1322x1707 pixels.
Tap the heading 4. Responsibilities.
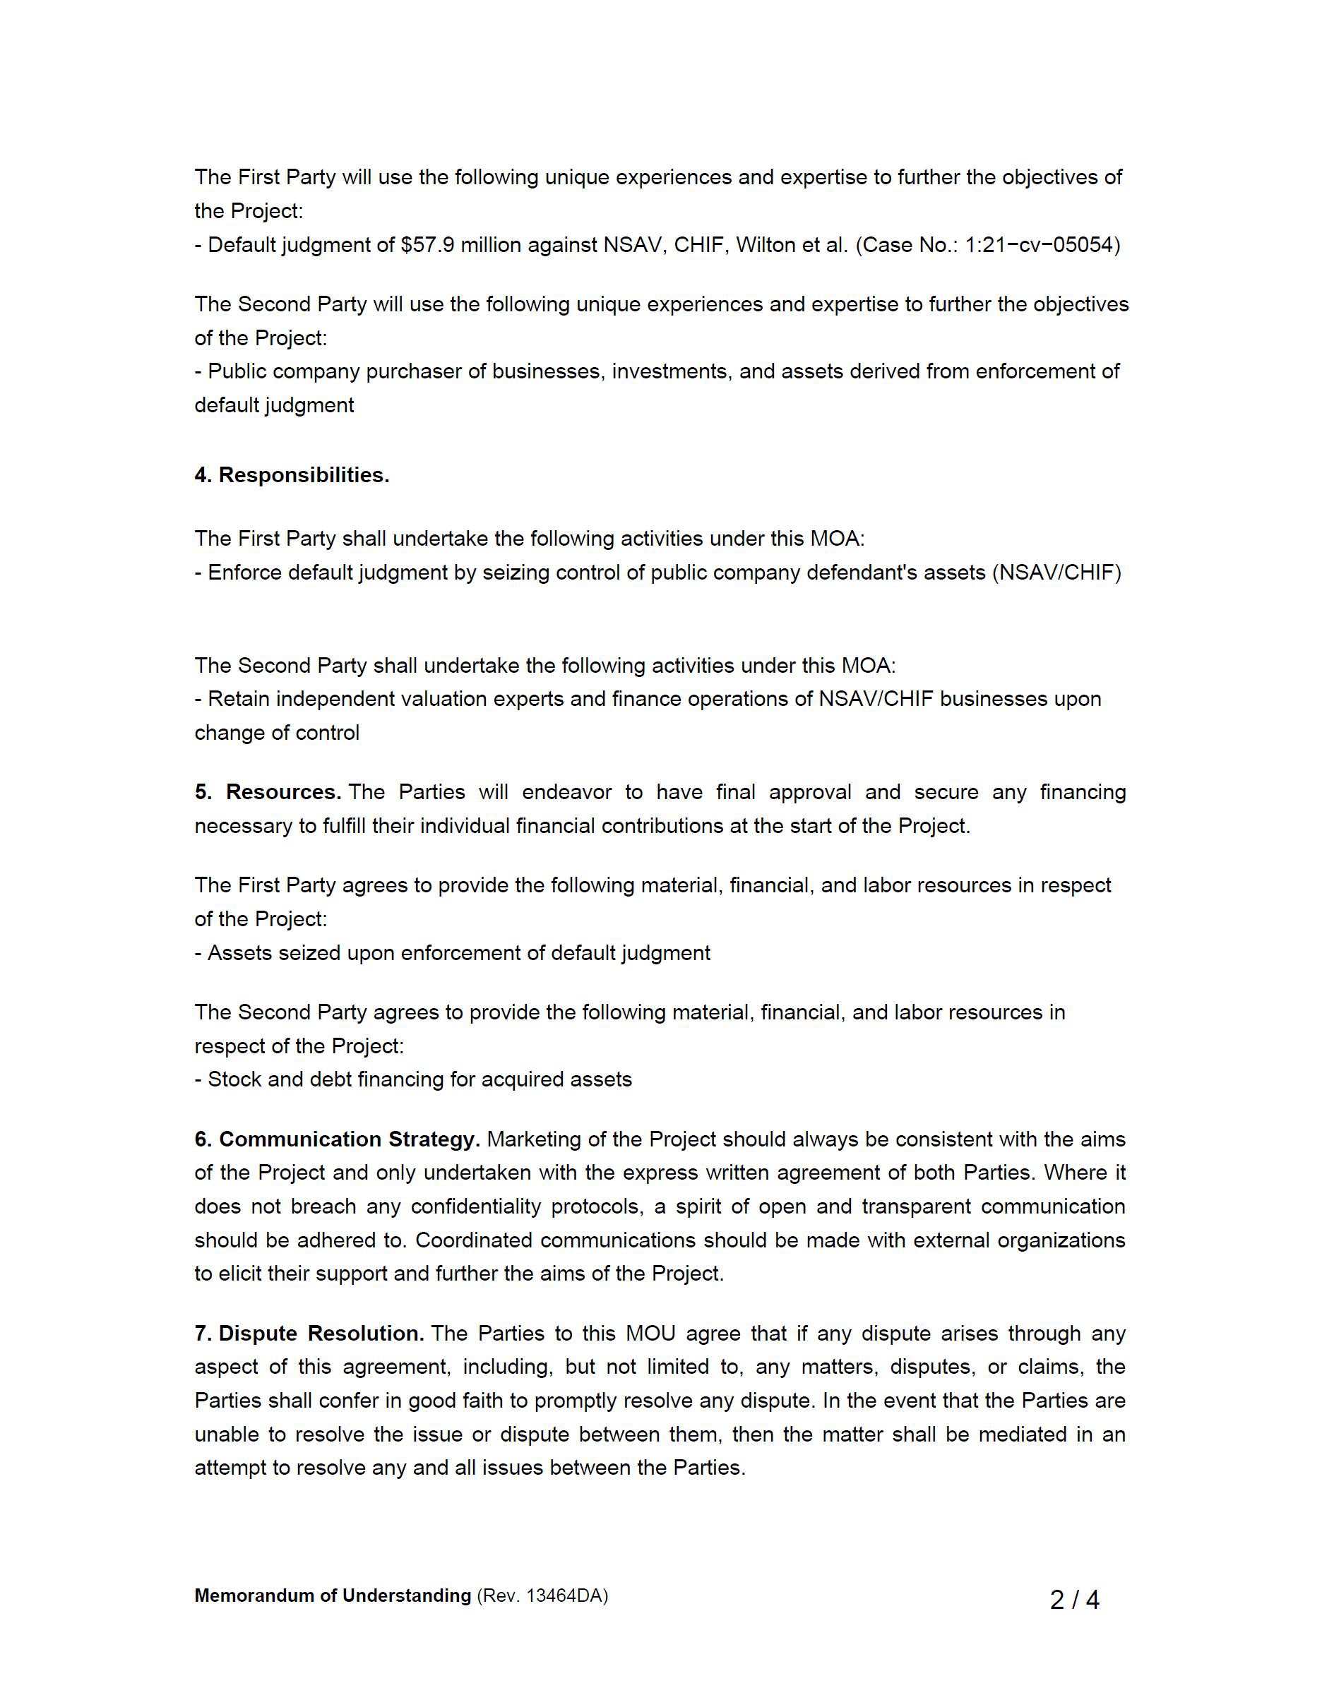(x=292, y=475)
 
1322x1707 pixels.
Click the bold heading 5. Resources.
(x=268, y=792)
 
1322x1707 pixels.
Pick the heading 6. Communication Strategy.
(x=337, y=1139)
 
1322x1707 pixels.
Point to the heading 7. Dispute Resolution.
(x=309, y=1333)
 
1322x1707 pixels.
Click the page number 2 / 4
(x=1074, y=1600)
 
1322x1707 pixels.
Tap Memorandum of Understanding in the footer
(x=332, y=1595)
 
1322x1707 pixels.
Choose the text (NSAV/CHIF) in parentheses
(x=1056, y=573)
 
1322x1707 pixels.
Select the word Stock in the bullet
(x=234, y=1079)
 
